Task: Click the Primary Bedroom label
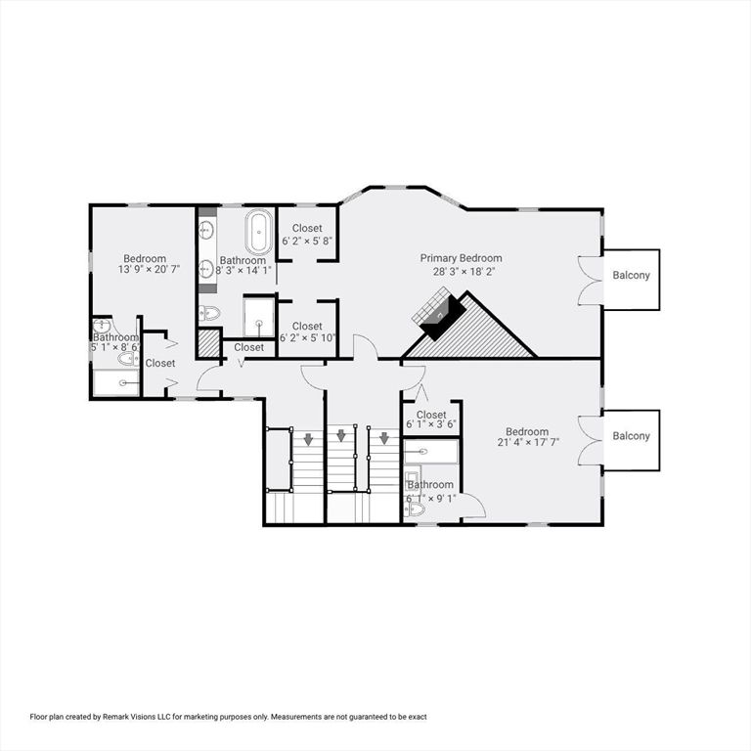coord(462,258)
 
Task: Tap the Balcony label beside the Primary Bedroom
coord(631,276)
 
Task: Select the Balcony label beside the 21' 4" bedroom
coord(631,436)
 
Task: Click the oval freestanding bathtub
coord(258,233)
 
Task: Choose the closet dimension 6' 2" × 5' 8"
coord(306,241)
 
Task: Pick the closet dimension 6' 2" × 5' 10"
coord(306,338)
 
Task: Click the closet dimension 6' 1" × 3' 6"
coord(431,425)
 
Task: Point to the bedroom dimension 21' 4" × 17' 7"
coord(527,445)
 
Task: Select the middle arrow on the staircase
coord(341,435)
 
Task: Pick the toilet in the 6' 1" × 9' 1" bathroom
coord(417,508)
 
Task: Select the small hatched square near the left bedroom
coord(208,343)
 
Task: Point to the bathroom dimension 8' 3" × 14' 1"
coord(242,275)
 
